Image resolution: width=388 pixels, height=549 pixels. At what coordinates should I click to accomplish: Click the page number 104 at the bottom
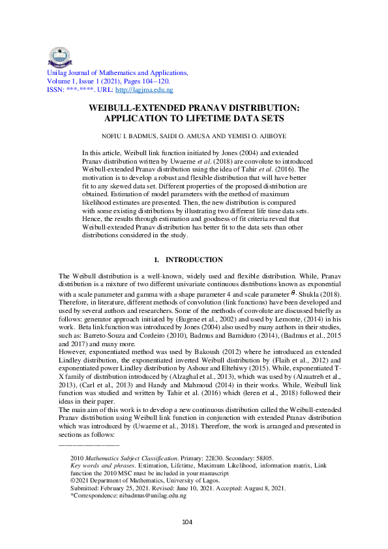click(x=187, y=520)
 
